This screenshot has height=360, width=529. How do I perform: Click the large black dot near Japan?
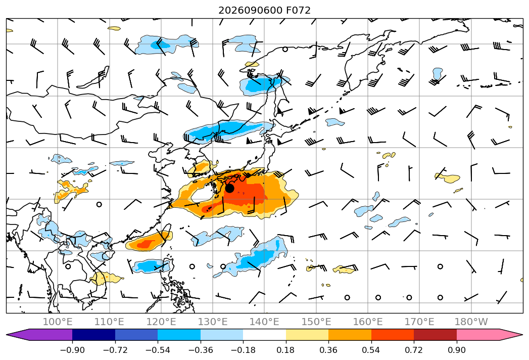[x=229, y=188]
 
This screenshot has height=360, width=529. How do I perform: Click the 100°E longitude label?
[x=58, y=322]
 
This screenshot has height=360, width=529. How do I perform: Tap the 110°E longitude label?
[x=109, y=322]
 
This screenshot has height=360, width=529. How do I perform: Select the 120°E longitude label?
[x=161, y=322]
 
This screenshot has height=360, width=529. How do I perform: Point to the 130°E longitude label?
[x=213, y=322]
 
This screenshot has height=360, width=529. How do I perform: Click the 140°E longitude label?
[x=264, y=322]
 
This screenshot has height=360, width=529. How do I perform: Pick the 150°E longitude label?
[x=316, y=322]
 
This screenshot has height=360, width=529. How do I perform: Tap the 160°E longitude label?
[x=368, y=322]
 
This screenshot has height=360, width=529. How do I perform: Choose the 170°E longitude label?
[x=419, y=322]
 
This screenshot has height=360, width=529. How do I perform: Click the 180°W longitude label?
[x=471, y=322]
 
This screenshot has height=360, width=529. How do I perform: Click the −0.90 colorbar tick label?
[x=72, y=350]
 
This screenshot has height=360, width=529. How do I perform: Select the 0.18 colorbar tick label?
[x=286, y=350]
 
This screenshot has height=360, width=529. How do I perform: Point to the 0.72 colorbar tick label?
[x=414, y=350]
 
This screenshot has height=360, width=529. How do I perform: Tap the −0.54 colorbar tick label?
[x=158, y=350]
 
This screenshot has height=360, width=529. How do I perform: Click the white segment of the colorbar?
[x=265, y=334]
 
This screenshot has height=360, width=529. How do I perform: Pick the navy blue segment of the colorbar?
[x=94, y=334]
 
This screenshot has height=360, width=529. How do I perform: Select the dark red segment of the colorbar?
[x=435, y=334]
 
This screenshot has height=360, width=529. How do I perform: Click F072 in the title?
[x=298, y=10]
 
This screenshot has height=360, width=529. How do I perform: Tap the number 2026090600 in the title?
[x=250, y=10]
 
